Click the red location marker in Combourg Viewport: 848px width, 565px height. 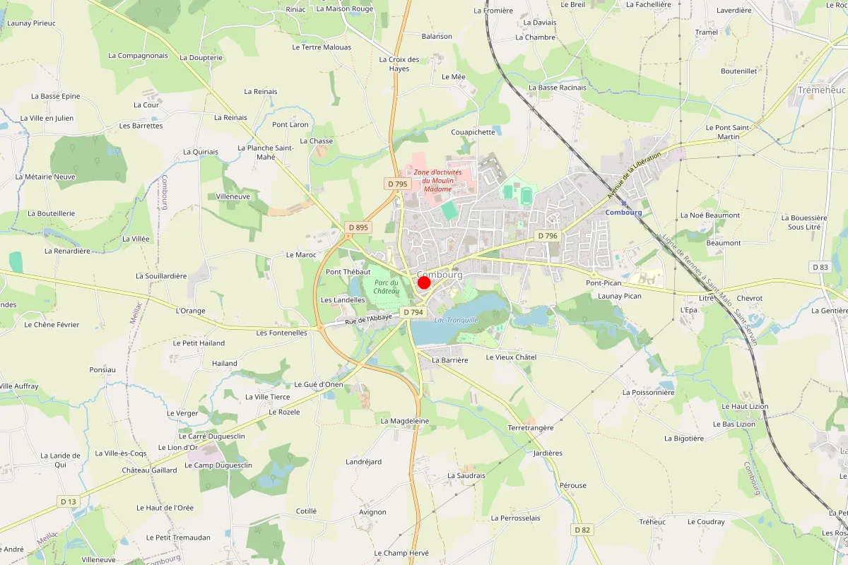[424, 282]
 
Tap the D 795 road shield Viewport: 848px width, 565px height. [398, 184]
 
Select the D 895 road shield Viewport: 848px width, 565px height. [358, 227]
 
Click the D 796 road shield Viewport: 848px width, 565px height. [547, 236]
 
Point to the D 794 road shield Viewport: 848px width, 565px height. [412, 312]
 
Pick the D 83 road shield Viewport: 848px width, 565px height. [820, 267]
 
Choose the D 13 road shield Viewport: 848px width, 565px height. [68, 501]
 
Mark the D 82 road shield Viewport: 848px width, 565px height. [582, 530]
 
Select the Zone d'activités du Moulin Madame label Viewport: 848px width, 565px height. [437, 180]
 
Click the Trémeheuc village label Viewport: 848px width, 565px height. [820, 90]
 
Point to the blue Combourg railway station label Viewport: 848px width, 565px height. [623, 212]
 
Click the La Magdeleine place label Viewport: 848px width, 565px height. [405, 421]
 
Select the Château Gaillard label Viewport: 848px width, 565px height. [149, 470]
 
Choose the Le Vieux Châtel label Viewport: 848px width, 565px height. [511, 357]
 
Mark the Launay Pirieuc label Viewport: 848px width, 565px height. [31, 23]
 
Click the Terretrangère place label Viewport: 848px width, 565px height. [531, 428]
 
